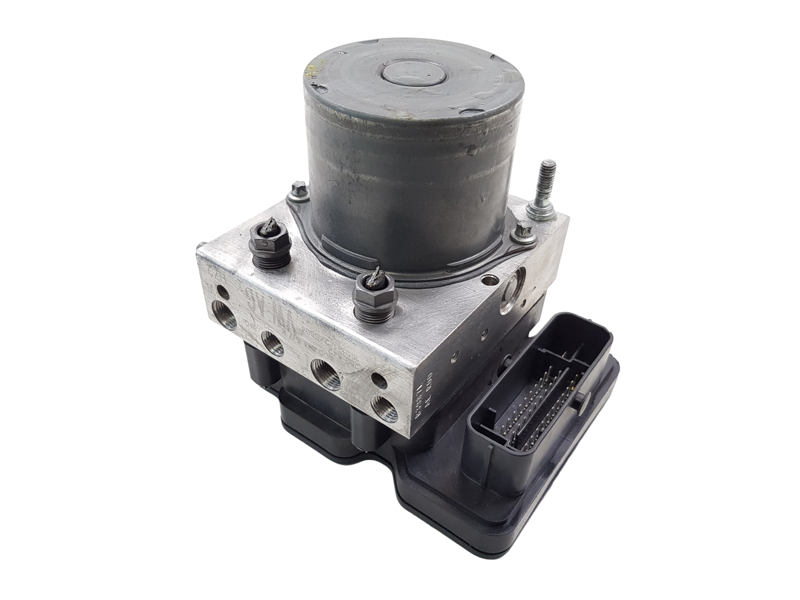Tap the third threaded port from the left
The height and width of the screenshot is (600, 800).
(x=325, y=373)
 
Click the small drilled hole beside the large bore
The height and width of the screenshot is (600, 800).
(x=482, y=277)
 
